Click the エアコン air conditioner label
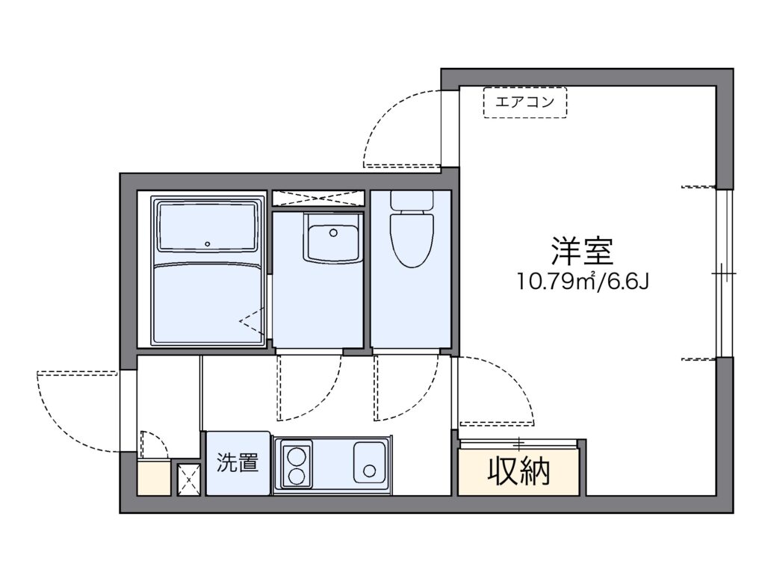pos(525,102)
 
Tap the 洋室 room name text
pos(582,251)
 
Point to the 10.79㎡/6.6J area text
pos(583,282)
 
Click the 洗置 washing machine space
pos(238,463)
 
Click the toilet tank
pos(412,200)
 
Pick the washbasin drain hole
pos(333,233)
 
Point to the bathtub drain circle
pos(208,244)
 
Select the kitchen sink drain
pos(369,471)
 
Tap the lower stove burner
pos(294,475)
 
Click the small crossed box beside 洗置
pos(189,479)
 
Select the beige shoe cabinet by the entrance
pos(154,477)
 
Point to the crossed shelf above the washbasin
pos(318,199)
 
